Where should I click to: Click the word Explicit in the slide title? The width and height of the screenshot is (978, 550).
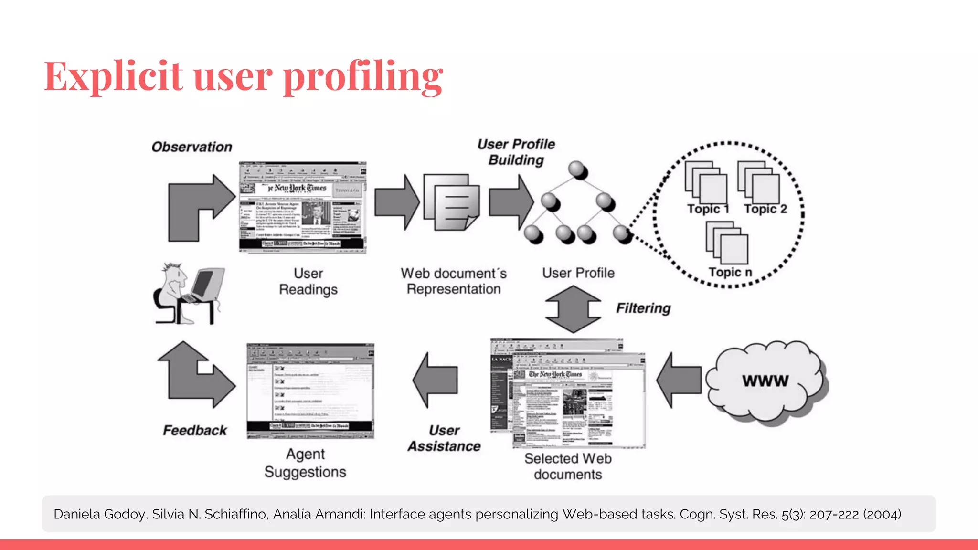pos(114,76)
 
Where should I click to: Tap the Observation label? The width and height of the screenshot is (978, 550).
pos(191,147)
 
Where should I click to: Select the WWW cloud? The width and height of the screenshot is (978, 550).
pos(765,381)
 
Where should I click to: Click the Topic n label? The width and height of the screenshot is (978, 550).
pos(730,272)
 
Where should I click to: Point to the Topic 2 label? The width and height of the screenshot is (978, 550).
pos(765,209)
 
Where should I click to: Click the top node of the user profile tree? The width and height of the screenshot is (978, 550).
pos(578,170)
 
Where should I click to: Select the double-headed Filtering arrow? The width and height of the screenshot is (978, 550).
pos(573,309)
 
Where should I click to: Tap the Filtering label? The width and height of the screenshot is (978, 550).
pos(643,308)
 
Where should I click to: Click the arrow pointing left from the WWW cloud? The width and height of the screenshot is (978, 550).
pos(678,380)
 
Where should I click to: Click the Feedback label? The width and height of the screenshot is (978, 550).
pos(195,430)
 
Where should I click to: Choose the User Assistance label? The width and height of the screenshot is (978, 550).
pos(444,438)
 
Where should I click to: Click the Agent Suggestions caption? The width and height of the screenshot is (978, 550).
pos(305,463)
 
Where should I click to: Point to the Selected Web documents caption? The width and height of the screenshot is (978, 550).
pos(568,466)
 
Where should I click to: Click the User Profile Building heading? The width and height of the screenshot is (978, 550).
pos(516,152)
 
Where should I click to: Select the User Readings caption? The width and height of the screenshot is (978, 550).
pos(308,281)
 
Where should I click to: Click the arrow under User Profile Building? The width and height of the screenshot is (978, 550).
pos(510,202)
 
